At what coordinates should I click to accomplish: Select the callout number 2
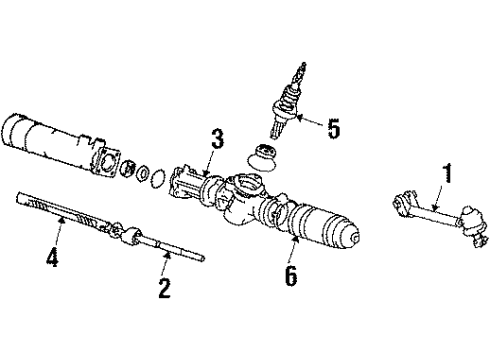click(163, 289)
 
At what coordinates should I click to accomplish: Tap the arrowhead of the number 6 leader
click(294, 239)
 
